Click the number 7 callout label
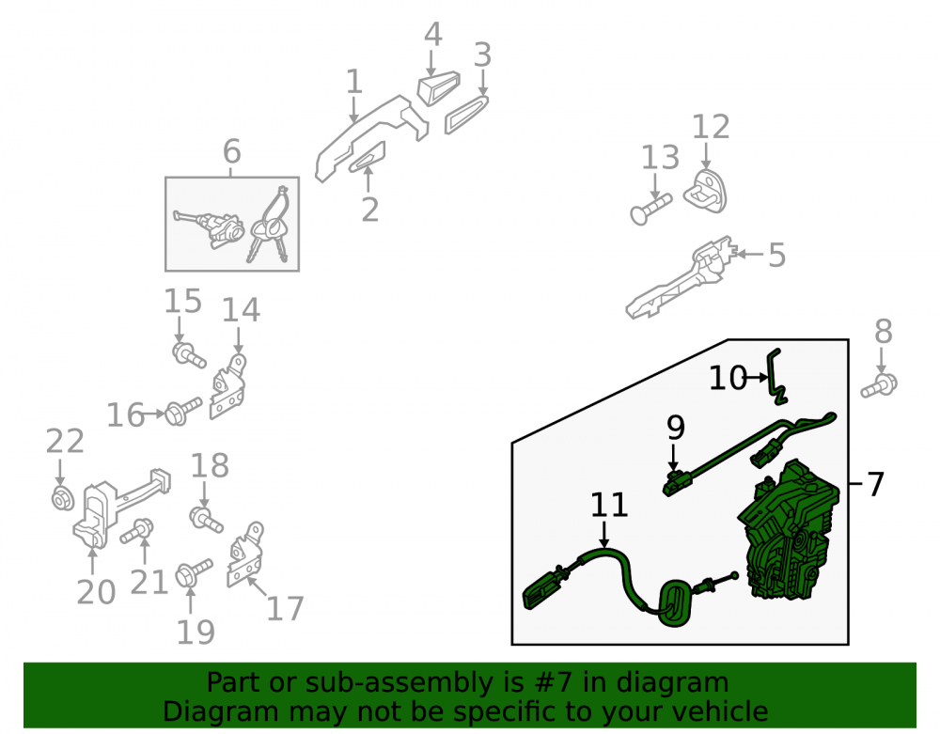876,484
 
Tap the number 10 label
728,378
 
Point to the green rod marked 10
777,376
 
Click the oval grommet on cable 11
675,602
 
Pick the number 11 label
609,505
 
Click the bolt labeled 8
879,385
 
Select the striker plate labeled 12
706,191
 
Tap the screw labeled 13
651,208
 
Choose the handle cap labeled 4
438,87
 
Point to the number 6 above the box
232,151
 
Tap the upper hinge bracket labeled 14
228,386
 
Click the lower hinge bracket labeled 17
245,554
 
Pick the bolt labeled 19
194,572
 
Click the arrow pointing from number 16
154,414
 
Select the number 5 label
777,256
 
